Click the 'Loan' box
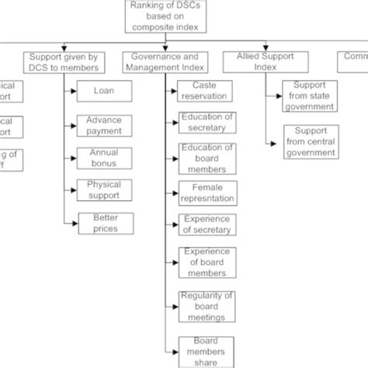pos(104,91)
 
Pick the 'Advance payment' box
pos(104,126)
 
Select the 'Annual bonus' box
pos(104,158)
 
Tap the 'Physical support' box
pos(104,191)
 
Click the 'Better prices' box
pos(104,224)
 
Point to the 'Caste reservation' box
pos(207,90)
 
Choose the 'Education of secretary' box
pos(207,123)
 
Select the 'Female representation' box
pos(207,193)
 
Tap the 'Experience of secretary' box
pos(207,224)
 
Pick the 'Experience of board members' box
pos(207,262)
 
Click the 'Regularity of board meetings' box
pos(207,305)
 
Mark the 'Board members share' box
pos(207,351)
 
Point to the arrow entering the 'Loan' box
pos(71,92)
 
